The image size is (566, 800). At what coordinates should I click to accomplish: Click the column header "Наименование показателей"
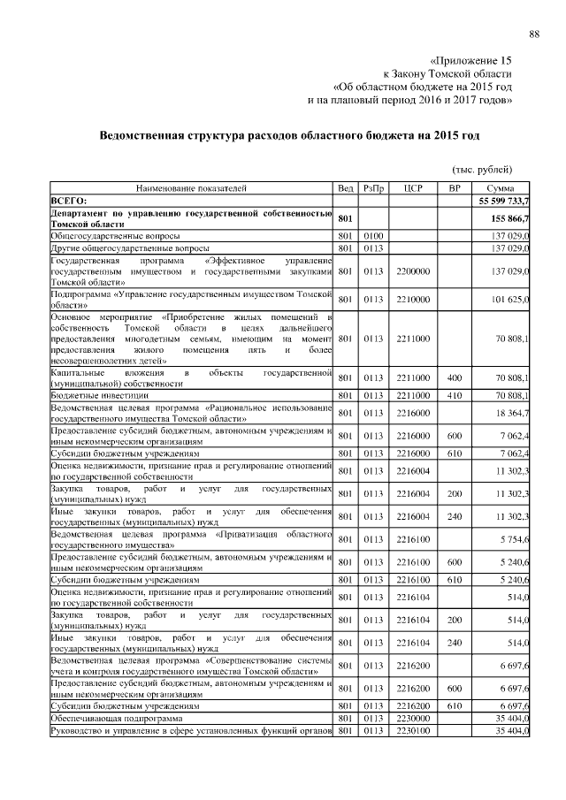[191, 189]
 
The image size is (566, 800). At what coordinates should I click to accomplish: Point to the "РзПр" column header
[372, 189]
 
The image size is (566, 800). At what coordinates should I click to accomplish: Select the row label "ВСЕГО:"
[68, 202]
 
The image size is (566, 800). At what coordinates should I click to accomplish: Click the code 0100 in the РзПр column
[372, 236]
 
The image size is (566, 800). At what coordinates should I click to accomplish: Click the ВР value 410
[455, 395]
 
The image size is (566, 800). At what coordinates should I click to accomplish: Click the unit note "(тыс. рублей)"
[482, 169]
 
